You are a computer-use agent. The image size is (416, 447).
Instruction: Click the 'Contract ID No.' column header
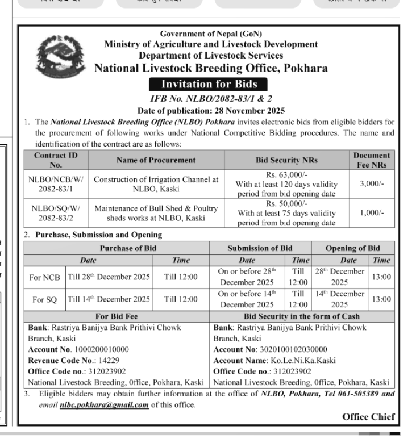click(56, 160)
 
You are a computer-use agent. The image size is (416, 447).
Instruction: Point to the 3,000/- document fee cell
click(372, 185)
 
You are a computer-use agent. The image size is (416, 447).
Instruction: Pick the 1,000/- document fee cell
click(372, 213)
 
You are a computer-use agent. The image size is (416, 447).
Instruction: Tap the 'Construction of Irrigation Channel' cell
click(156, 185)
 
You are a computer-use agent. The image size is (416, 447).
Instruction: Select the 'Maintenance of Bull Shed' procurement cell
click(156, 213)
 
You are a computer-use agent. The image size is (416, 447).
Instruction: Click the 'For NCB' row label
click(45, 277)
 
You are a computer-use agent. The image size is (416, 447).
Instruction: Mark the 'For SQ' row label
click(45, 299)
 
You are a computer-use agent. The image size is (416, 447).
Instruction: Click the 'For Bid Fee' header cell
click(118, 316)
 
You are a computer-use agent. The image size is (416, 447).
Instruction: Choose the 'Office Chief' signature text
click(368, 417)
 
